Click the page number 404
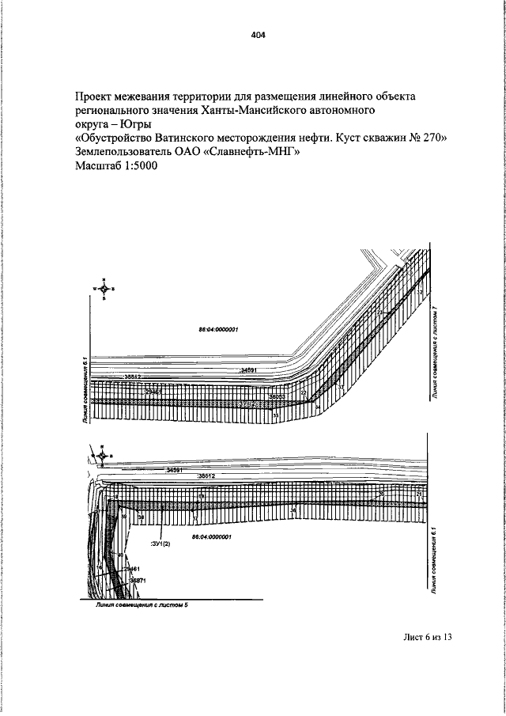258,35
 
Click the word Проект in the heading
96,97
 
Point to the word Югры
136,125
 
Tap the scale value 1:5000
140,167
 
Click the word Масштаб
96,167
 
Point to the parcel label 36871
137,581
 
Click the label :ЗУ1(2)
160,544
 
